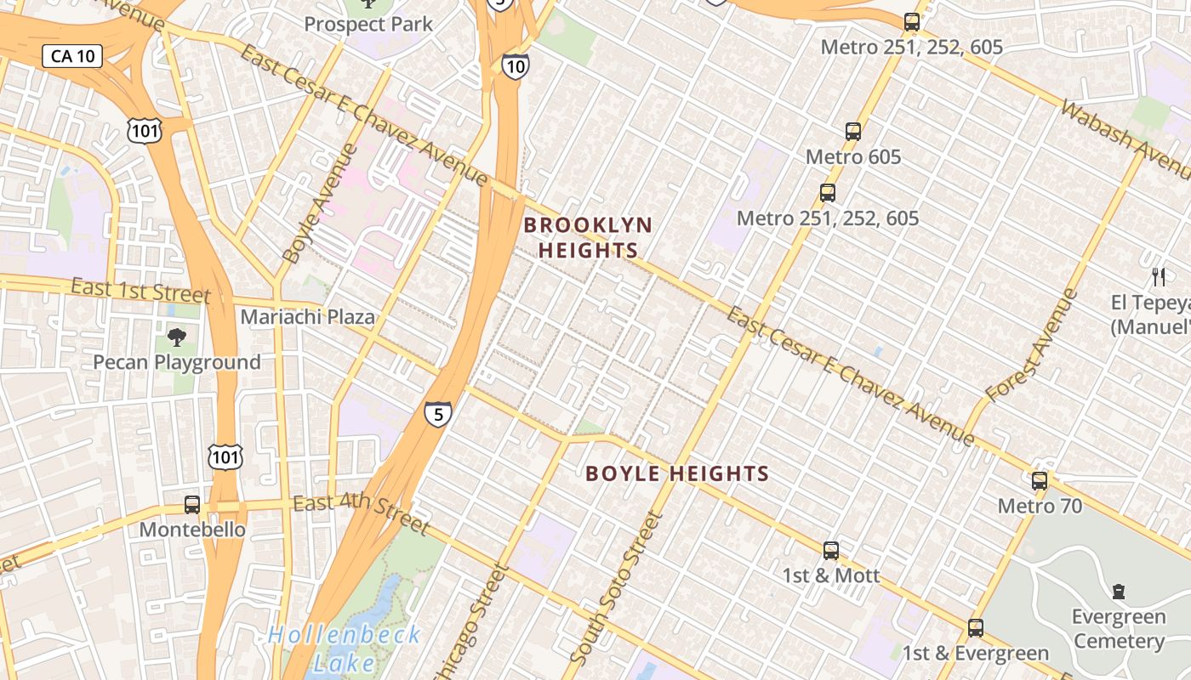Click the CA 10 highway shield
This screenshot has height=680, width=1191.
coord(72,57)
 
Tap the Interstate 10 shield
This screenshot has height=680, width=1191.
coord(515,65)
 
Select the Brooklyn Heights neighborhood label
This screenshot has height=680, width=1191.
coord(588,237)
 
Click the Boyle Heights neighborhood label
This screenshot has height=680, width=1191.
coord(677,473)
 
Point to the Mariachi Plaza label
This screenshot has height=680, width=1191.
coord(308,317)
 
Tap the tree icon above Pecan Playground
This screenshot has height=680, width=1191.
coord(177,338)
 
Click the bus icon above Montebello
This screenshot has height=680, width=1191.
coord(192,505)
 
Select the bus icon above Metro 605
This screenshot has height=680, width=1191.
coord(853,132)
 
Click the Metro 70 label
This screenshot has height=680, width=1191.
coord(1040,507)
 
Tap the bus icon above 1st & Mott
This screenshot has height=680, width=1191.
coord(831,551)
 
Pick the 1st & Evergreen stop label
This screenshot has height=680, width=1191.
coord(975,653)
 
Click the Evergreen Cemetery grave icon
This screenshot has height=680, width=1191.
coord(1118,592)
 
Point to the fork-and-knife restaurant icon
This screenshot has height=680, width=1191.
coord(1158,276)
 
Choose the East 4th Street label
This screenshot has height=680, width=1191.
coord(362,513)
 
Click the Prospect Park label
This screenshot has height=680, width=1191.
coord(368,24)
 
